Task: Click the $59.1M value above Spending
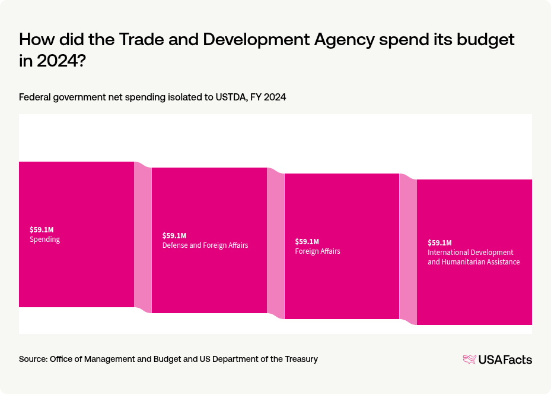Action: [42, 229]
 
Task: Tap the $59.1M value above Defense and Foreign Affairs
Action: [174, 235]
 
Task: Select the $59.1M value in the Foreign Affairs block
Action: [307, 241]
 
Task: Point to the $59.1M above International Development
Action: [439, 242]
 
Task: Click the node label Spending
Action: [45, 239]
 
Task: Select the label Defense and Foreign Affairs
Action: [205, 245]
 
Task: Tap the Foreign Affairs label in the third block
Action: [317, 251]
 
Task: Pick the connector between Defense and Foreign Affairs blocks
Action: [276, 244]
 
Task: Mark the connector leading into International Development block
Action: [408, 250]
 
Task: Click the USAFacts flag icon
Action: [469, 359]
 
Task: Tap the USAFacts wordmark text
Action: [505, 359]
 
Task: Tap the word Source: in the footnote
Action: [33, 359]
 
